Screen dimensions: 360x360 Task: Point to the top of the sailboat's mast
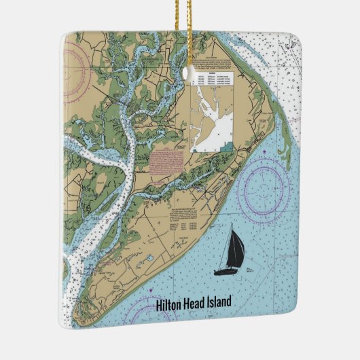tap(233, 225)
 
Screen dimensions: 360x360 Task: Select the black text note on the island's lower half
tap(184, 218)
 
